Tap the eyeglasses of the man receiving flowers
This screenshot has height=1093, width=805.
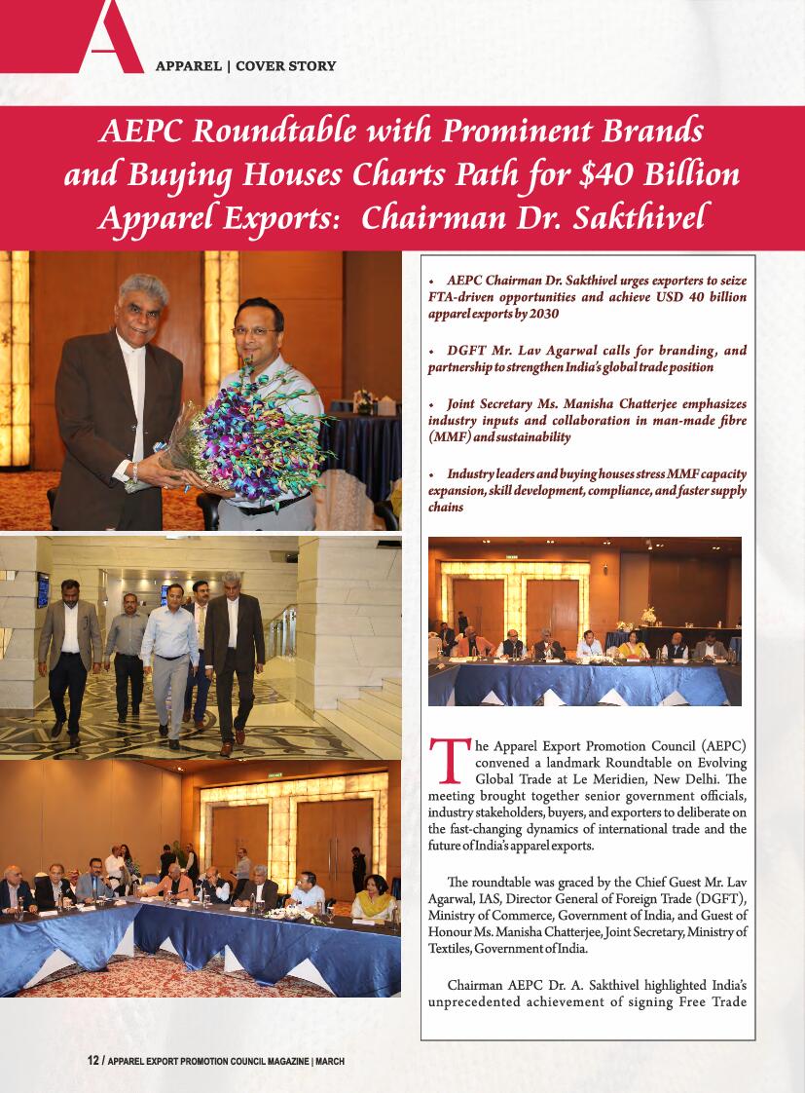[x=255, y=331]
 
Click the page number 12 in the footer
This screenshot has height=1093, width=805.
[x=92, y=1061]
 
